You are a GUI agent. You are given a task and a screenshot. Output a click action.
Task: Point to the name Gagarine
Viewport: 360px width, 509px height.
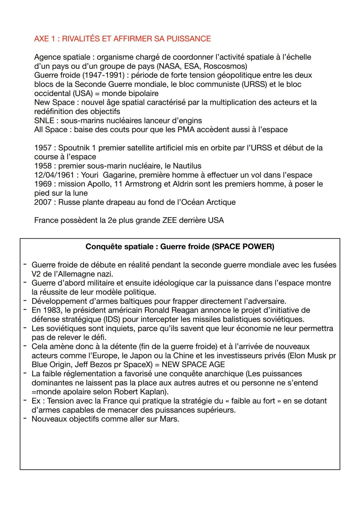118,175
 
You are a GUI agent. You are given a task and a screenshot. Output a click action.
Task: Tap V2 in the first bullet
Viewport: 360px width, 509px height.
36,274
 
